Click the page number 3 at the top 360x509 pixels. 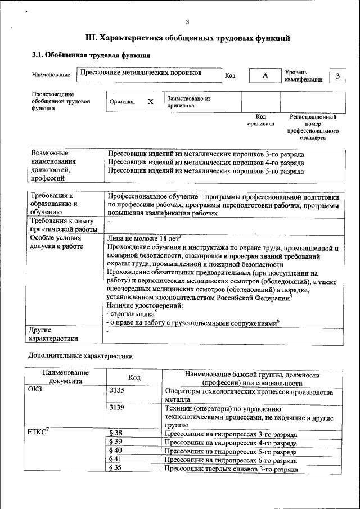tap(187, 22)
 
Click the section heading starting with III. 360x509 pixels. tap(187, 38)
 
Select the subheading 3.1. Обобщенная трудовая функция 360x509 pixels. tap(91, 56)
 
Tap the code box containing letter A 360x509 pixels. tap(265, 76)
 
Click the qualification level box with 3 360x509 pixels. tap(337, 76)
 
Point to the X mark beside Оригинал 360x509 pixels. tap(150, 102)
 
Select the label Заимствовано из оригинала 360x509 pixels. tap(188, 102)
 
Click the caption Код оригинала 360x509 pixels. tap(260, 120)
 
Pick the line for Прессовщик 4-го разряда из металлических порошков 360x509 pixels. tap(206, 163)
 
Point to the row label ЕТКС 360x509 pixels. tap(38, 433)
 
